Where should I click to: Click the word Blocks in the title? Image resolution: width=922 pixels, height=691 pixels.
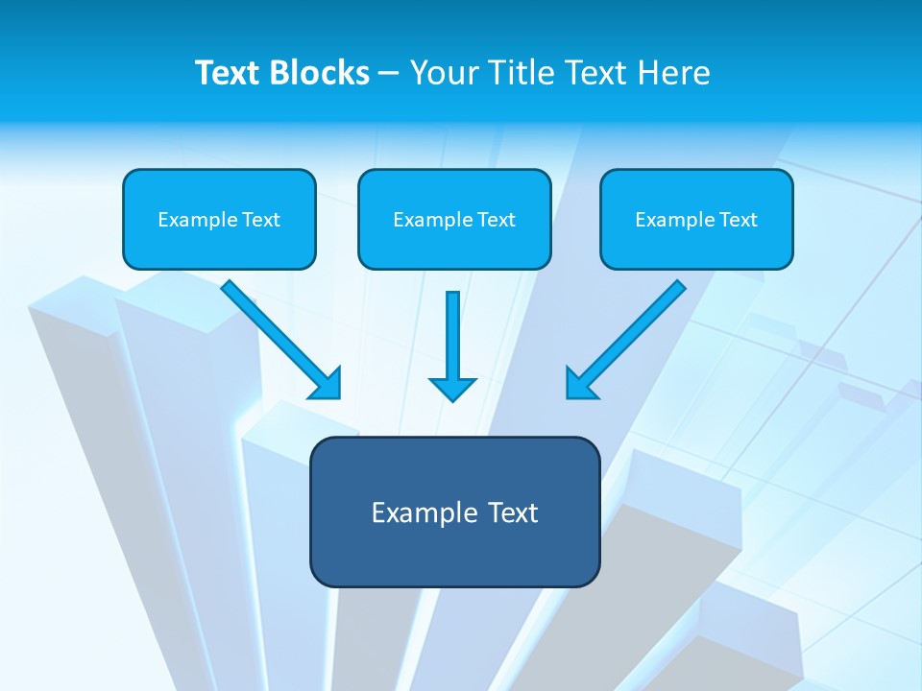tap(320, 73)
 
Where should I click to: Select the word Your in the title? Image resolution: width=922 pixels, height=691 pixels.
tap(446, 73)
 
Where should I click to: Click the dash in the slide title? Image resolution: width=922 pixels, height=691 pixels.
tap(389, 74)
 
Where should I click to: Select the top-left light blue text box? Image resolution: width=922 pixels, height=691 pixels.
tap(219, 219)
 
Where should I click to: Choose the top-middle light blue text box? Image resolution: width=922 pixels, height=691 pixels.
tap(454, 219)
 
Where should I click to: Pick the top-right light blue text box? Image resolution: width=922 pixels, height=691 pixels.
tap(696, 219)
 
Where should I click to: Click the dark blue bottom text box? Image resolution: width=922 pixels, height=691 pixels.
tap(454, 512)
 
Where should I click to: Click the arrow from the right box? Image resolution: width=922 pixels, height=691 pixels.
tap(629, 336)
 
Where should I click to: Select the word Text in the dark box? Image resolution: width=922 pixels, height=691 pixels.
tap(513, 512)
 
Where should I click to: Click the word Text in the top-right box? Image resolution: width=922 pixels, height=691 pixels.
tap(739, 220)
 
